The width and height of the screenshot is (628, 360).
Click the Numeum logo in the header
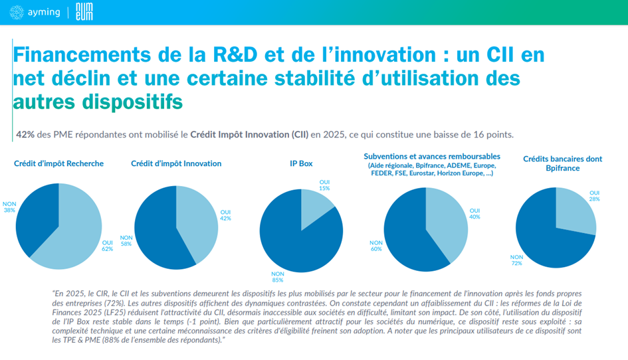coord(82,12)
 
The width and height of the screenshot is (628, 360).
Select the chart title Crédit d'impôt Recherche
coord(58,163)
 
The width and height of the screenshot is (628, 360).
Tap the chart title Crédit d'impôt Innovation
coord(176,163)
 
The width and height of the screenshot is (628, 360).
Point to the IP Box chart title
coord(300,163)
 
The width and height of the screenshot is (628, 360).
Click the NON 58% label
coord(126,240)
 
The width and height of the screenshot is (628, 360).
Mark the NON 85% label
coord(277,276)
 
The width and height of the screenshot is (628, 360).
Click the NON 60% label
coord(376,246)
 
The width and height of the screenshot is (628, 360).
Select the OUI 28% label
coord(594,196)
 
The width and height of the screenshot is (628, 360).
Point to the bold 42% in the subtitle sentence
coord(25,134)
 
